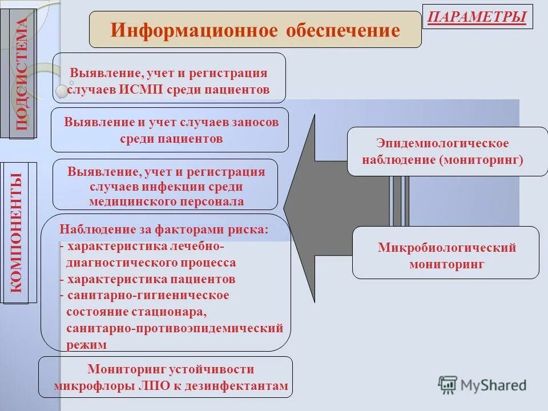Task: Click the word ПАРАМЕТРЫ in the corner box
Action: (477, 17)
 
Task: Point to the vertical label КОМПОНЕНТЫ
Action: (19, 232)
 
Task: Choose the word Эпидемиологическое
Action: (442, 143)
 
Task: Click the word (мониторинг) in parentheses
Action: (481, 159)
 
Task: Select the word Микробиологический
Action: (446, 248)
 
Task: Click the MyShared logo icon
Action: (448, 384)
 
